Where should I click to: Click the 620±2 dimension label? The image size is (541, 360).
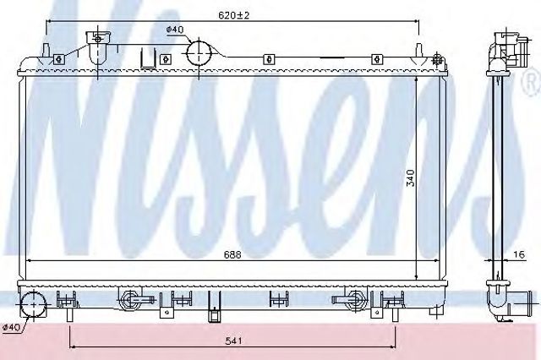point(233,15)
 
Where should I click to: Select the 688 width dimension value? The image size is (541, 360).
point(232,254)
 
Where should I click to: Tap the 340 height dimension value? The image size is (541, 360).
point(411,178)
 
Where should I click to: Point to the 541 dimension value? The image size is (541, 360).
point(234,341)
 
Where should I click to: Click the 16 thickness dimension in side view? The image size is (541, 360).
point(518,254)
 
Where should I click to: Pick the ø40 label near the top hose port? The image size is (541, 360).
point(175,30)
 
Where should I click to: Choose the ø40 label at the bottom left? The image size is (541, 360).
point(11,327)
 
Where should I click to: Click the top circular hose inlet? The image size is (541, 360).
point(199,52)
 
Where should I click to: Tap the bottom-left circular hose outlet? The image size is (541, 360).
point(33,305)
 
